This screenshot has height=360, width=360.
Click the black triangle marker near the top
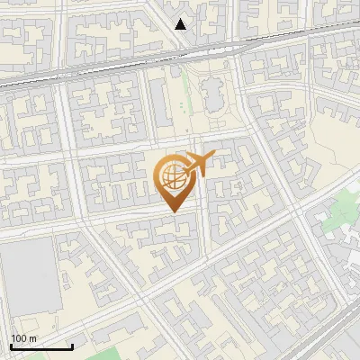181,23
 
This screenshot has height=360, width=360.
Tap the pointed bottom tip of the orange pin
174,211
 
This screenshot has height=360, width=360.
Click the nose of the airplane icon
211,157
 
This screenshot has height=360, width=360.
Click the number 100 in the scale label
18,337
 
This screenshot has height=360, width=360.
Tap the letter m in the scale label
31,337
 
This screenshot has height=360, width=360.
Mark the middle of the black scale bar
40,346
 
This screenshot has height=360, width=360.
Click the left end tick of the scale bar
11,346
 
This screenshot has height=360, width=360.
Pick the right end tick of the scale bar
71,346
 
